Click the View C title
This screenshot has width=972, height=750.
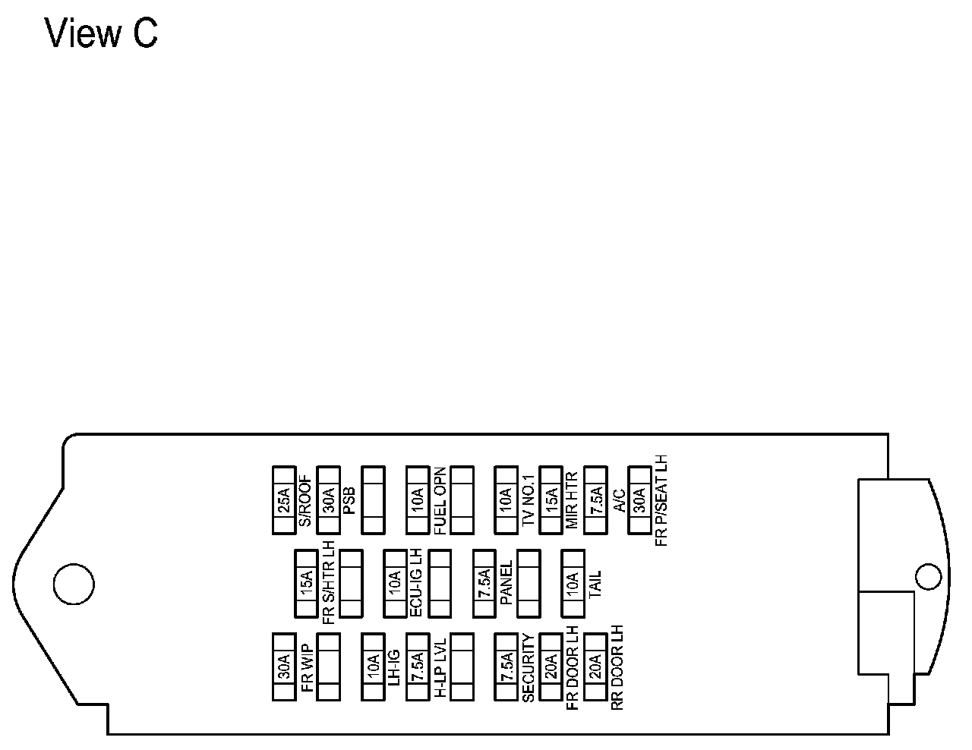point(101,34)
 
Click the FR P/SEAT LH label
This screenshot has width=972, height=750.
point(662,500)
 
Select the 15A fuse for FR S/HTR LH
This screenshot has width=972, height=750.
point(305,584)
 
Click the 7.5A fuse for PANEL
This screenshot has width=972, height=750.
point(484,584)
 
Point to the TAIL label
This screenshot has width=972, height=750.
point(595,584)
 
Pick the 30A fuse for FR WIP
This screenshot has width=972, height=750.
point(283,666)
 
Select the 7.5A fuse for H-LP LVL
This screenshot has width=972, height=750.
point(417,666)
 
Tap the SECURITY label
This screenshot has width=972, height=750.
point(529,666)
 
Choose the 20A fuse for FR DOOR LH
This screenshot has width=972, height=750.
point(551,666)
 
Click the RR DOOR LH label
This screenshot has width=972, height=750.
point(617,666)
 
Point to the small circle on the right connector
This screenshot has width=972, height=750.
point(928,576)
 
